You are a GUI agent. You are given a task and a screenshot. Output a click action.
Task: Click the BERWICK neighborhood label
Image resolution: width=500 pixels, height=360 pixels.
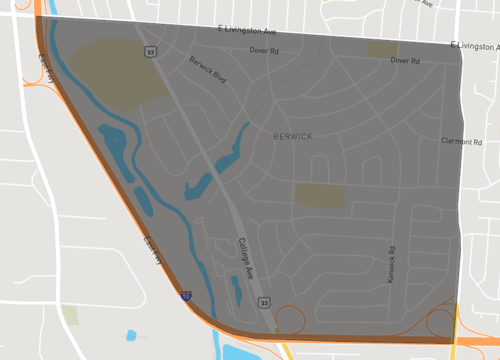[x=291, y=134]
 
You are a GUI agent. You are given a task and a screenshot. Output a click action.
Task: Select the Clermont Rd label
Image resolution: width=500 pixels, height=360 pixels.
[x=461, y=142]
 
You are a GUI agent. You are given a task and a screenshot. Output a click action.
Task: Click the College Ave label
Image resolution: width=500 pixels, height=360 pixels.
[x=247, y=258]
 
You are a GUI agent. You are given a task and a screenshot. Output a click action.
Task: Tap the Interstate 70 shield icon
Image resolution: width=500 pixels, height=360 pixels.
[x=186, y=295]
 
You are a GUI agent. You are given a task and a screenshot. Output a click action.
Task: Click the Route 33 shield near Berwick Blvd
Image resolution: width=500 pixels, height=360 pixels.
[x=150, y=49]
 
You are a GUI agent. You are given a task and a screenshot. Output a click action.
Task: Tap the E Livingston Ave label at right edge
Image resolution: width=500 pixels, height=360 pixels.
[x=474, y=45]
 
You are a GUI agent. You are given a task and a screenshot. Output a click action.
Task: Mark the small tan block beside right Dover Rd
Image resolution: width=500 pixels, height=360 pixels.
[x=381, y=49]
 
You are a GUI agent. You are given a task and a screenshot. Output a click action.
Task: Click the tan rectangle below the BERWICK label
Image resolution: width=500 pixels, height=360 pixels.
[x=319, y=196]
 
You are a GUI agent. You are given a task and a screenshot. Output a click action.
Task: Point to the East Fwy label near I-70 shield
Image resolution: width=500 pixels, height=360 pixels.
[x=153, y=246]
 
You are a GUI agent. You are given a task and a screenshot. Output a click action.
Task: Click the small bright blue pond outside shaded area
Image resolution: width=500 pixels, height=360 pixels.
[x=131, y=334]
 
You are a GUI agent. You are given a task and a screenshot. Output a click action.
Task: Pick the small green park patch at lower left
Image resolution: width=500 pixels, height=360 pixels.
[x=70, y=316]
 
